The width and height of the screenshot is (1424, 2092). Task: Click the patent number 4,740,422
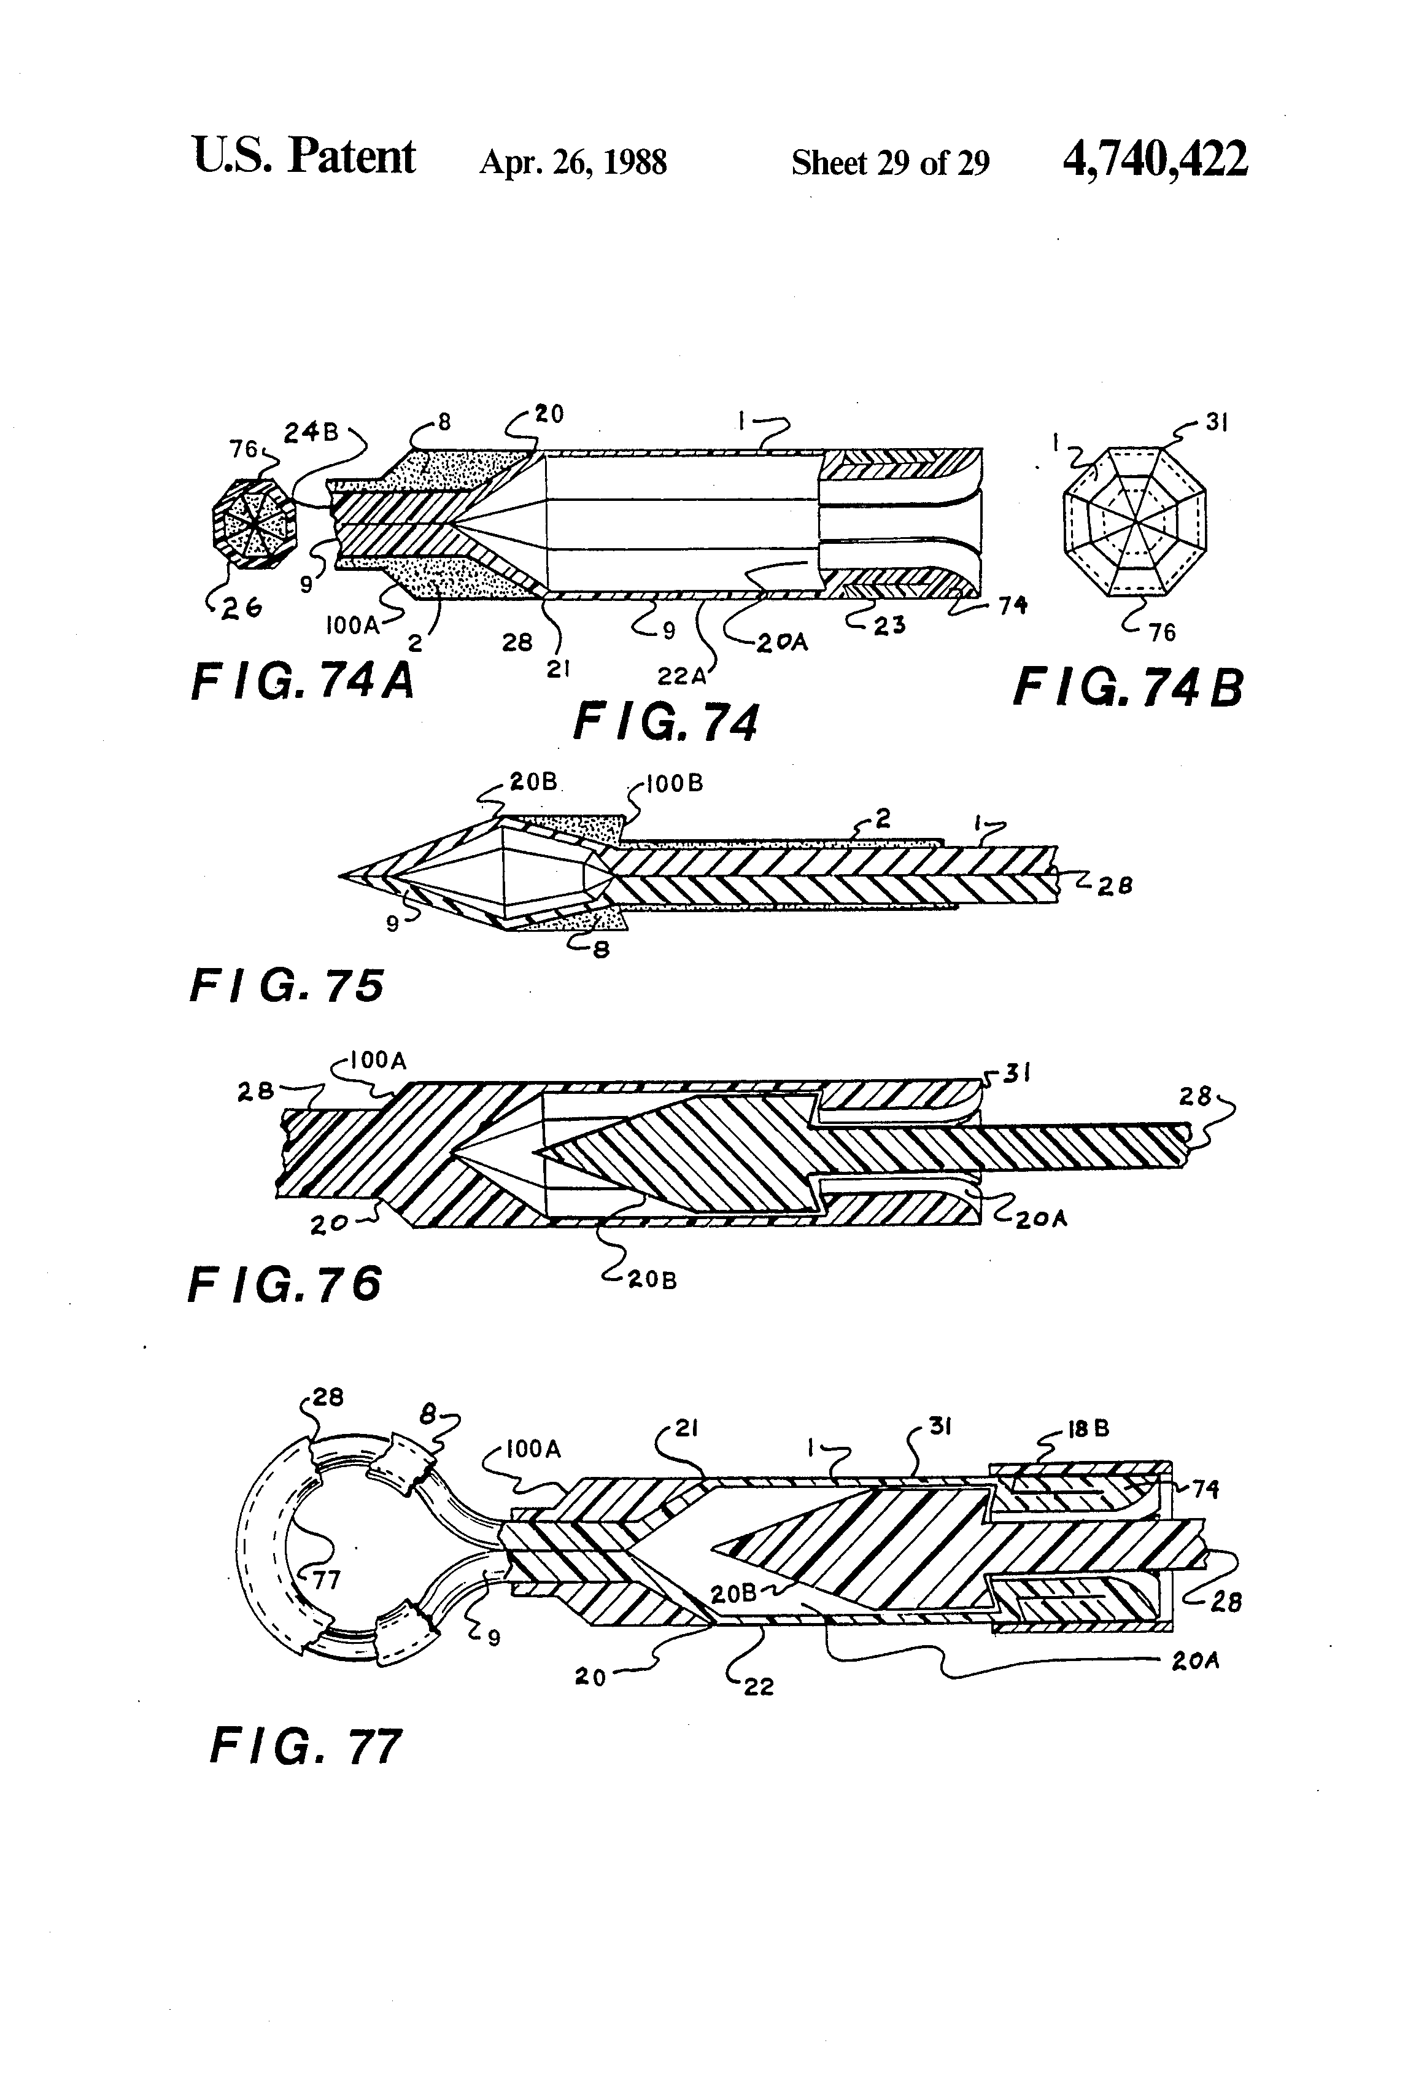click(1155, 160)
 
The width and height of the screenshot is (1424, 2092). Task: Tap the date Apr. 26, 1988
click(573, 162)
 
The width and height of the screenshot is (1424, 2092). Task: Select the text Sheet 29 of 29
click(890, 162)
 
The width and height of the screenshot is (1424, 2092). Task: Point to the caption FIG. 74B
click(1129, 689)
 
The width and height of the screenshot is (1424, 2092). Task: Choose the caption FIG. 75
click(287, 986)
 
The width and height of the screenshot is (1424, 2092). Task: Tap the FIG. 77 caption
click(305, 1746)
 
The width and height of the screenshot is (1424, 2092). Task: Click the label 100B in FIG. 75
click(675, 783)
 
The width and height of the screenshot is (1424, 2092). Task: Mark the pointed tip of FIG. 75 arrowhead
click(340, 874)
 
